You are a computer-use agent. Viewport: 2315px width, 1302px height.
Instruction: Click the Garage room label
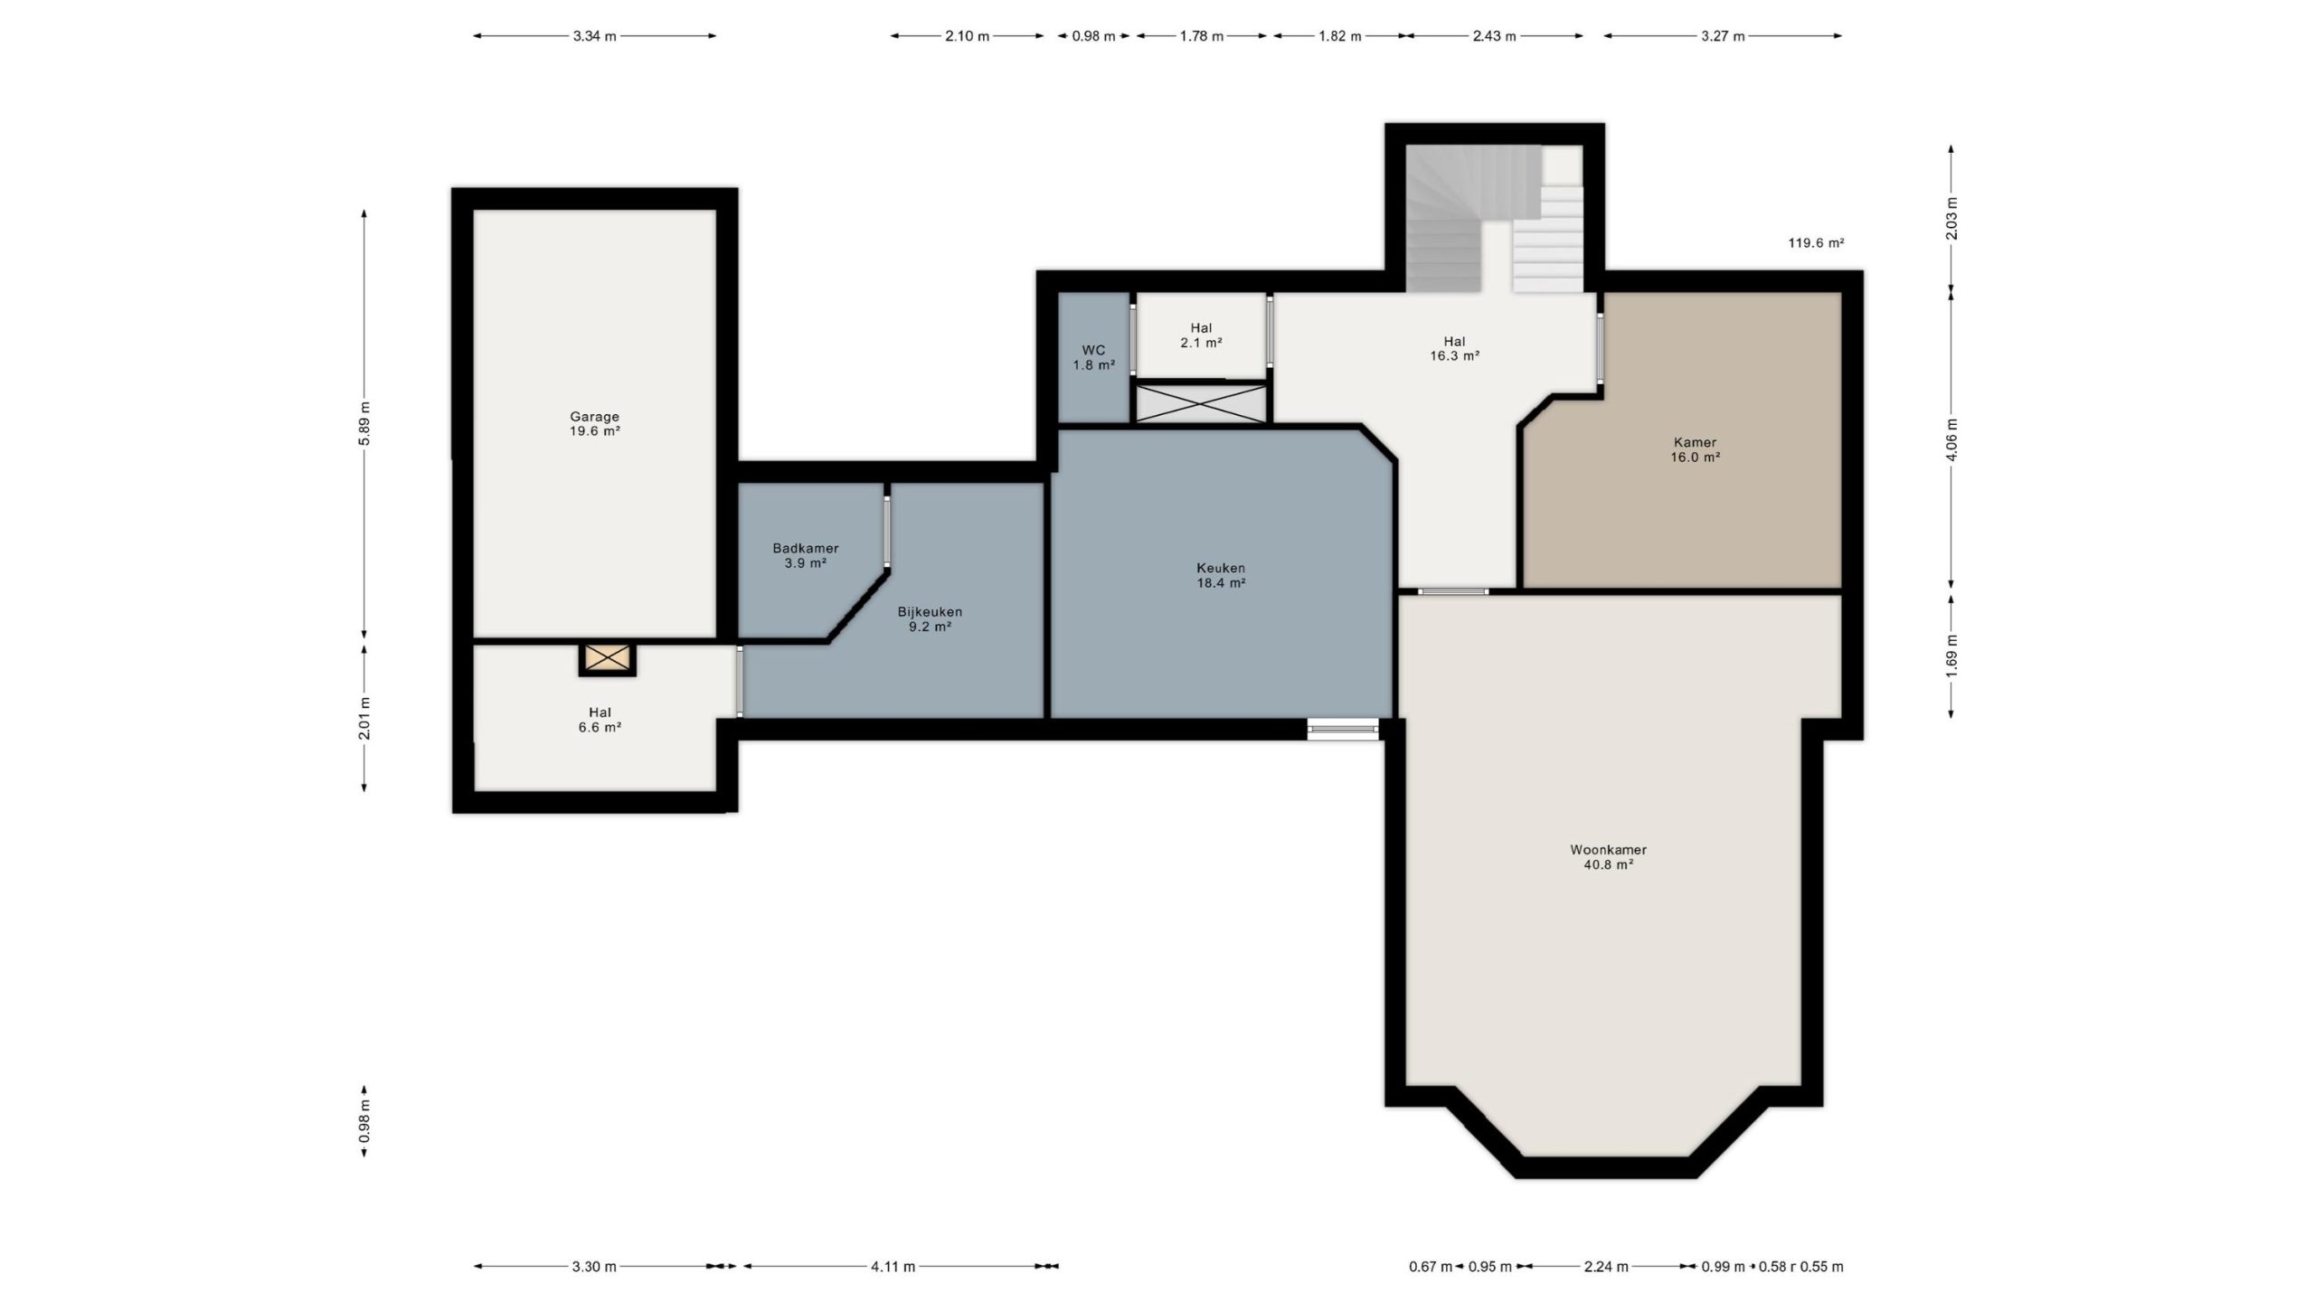[594, 424]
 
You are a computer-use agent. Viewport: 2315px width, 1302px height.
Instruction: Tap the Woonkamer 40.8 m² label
[1608, 857]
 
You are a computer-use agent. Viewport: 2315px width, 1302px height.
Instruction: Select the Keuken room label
[1221, 575]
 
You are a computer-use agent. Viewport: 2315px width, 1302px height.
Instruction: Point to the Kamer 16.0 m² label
[1695, 449]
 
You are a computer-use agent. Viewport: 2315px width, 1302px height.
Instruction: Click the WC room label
[1093, 357]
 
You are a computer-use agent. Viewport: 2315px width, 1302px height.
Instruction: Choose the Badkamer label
[805, 555]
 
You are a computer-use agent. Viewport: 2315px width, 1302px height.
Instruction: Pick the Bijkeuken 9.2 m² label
[930, 618]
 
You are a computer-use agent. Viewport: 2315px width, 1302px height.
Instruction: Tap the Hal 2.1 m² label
[1201, 335]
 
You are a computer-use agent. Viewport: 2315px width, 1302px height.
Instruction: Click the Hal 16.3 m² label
[1454, 348]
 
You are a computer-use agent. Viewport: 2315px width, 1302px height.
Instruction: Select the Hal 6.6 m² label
[600, 720]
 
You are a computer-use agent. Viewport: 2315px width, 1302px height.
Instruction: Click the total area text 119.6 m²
[1816, 242]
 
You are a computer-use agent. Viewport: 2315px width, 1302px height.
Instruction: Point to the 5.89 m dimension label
[364, 422]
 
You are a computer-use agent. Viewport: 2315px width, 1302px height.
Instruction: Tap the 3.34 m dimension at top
[594, 36]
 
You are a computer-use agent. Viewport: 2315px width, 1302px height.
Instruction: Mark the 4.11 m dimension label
[893, 1267]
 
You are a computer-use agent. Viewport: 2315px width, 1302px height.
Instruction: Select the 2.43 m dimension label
[1494, 36]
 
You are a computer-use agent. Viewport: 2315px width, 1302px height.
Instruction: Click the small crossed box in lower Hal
[608, 658]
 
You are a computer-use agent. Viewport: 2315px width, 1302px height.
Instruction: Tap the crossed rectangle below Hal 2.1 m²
[1202, 403]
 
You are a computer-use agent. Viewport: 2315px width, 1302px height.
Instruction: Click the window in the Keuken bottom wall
[1343, 729]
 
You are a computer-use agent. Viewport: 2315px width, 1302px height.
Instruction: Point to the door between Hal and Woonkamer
[1453, 591]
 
